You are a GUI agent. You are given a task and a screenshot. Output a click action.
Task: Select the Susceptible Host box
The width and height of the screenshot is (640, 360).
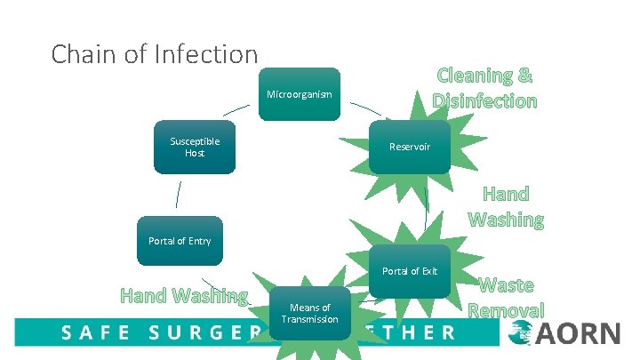(x=194, y=148)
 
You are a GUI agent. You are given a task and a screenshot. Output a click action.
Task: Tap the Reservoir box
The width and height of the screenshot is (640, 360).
(x=409, y=147)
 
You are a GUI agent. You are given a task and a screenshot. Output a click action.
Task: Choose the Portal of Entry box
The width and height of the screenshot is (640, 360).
(x=180, y=241)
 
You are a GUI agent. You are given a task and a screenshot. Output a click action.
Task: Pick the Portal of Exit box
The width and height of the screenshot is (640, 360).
(x=410, y=270)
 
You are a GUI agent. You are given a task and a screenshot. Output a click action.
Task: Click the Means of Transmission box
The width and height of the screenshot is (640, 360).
(x=309, y=314)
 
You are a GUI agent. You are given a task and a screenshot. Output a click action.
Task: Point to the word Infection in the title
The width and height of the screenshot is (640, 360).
(x=204, y=54)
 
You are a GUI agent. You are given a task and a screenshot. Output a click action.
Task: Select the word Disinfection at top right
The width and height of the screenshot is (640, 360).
(x=484, y=100)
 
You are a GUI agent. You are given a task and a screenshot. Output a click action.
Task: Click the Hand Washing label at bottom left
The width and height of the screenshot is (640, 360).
(x=184, y=295)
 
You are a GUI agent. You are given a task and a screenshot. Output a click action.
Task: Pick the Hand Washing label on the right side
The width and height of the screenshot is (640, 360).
(x=505, y=206)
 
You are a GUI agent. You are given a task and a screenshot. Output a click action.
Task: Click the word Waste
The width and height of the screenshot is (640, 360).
(x=506, y=285)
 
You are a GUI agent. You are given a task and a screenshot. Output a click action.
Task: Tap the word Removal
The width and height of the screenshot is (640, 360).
(x=506, y=310)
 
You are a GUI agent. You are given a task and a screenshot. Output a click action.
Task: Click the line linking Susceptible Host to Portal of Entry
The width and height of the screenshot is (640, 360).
(x=179, y=195)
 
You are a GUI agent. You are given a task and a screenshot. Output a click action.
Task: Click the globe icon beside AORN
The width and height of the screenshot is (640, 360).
(x=521, y=334)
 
